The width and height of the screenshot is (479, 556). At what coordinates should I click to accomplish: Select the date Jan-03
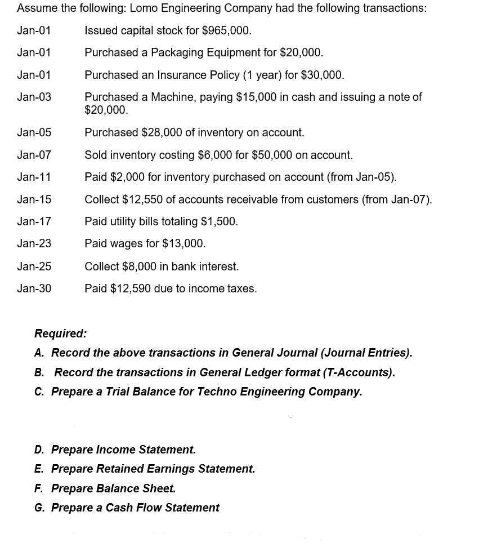point(34,97)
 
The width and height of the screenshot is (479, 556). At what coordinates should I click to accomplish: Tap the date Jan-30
point(34,288)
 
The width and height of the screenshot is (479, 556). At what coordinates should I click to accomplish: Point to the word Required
point(60,333)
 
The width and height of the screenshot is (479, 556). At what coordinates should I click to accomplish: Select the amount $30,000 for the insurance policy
point(322,75)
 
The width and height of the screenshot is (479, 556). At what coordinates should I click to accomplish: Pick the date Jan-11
point(34,177)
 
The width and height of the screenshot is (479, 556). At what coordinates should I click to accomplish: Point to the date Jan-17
point(34,221)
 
